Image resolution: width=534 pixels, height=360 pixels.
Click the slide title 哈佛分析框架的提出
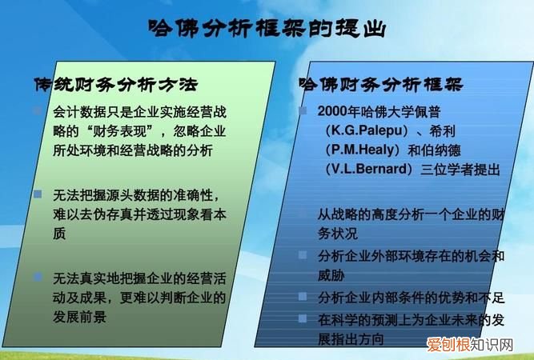coord(267,30)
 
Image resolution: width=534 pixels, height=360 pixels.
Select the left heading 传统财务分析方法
coord(114,84)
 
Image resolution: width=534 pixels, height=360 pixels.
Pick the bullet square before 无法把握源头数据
coord(38,194)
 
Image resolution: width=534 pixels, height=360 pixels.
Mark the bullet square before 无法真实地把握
coord(38,277)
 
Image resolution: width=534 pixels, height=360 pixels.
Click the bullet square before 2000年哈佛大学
coord(303,110)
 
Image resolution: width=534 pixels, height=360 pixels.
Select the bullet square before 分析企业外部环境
coord(303,255)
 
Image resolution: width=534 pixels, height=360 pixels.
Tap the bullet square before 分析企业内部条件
coord(303,297)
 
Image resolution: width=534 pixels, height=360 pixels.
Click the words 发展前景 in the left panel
coord(79,318)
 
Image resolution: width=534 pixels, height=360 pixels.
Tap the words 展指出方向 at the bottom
coord(351,338)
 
